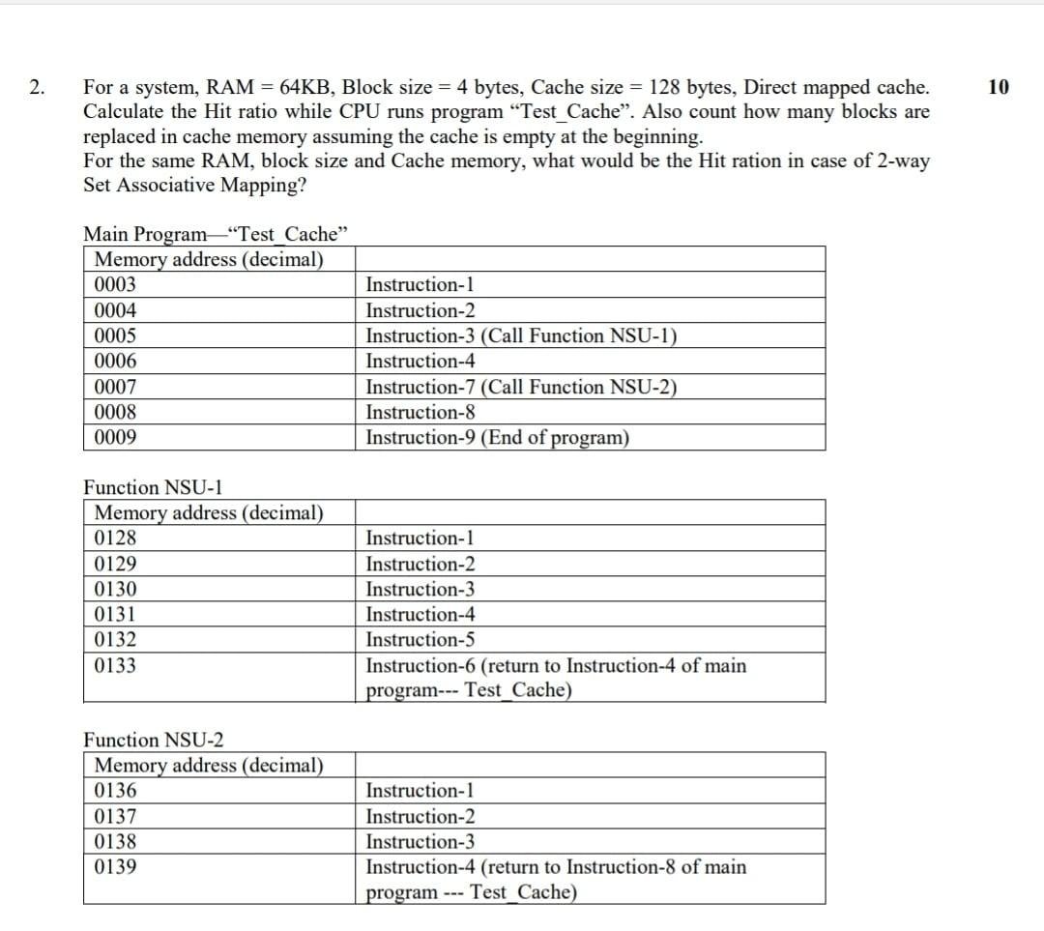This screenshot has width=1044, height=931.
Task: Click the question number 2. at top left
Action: (x=36, y=88)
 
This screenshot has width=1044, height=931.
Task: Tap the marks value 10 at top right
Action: (x=999, y=88)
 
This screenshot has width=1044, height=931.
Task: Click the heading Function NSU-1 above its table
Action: (x=154, y=487)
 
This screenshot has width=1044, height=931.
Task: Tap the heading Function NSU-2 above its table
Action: (x=154, y=741)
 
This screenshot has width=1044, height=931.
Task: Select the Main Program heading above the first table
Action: (x=216, y=234)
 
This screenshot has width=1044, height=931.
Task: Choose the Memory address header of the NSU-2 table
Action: (x=208, y=766)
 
